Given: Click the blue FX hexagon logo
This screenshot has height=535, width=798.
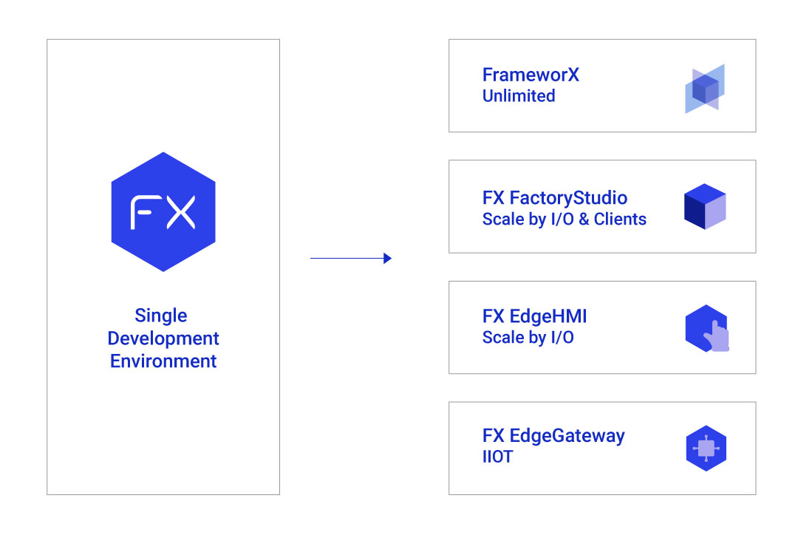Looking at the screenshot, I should (163, 211).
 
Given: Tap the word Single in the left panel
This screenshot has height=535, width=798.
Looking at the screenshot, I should (161, 316).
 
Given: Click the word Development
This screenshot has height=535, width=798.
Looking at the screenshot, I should (163, 338).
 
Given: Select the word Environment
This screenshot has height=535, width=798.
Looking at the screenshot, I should (163, 361).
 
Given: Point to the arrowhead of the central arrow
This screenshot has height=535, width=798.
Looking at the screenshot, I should (387, 259).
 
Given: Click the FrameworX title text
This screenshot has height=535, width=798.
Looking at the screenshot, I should (531, 75).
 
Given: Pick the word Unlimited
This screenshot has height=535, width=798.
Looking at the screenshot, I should (519, 96).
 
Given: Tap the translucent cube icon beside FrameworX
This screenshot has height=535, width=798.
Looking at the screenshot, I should (705, 89).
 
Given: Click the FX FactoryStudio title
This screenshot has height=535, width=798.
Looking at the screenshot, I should (554, 198).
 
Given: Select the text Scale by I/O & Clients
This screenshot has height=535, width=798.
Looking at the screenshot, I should (564, 219).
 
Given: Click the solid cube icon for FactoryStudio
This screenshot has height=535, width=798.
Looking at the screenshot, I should (705, 206).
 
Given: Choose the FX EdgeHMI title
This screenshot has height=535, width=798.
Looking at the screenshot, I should (534, 316).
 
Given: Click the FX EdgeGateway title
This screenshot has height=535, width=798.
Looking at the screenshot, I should (553, 436).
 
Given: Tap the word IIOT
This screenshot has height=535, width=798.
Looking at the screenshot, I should (497, 457).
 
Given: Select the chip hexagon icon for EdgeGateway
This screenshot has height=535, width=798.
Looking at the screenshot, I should (706, 449).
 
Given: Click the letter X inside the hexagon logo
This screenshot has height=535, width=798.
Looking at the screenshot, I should (180, 212).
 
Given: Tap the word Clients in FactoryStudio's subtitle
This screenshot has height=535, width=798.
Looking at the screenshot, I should (620, 219).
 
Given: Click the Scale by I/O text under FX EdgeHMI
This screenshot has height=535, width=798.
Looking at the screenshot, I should (528, 338).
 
